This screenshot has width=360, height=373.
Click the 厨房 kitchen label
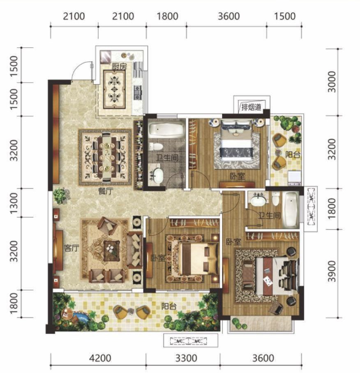tap(119, 67)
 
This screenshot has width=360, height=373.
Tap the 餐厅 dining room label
tap(106, 191)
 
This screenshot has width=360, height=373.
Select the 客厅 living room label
tap(71, 248)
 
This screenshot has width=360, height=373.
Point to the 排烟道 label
tap(251, 107)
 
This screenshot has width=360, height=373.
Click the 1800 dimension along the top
tap(168, 16)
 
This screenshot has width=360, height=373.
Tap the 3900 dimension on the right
tap(332, 271)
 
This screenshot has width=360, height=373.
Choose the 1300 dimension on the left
tap(14, 203)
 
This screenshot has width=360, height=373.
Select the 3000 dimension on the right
tap(332, 82)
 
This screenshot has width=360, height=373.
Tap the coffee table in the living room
tap(111, 251)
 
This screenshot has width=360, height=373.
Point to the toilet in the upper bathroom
tap(156, 146)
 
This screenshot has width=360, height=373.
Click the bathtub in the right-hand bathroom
tap(291, 210)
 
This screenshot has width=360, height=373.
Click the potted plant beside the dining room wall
tap(61, 196)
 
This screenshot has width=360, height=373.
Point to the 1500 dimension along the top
tap(285, 16)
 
